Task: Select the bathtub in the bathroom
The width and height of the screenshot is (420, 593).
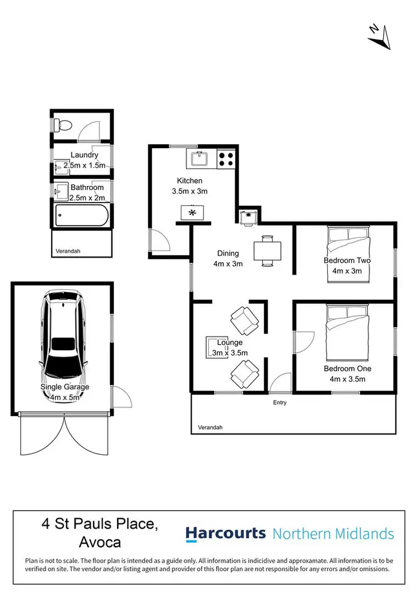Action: (82, 215)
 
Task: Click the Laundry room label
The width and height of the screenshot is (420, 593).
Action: (85, 155)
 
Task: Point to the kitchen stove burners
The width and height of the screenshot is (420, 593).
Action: (226, 159)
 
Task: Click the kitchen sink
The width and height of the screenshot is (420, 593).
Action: (198, 159)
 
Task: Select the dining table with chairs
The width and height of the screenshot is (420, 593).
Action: (267, 250)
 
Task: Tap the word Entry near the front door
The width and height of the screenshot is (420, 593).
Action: (279, 403)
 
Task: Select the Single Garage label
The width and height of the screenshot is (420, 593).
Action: (64, 387)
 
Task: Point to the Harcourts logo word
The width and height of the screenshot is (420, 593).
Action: (226, 533)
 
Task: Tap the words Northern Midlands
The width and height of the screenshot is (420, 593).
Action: (333, 534)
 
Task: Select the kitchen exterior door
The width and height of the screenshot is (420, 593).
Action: (159, 241)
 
